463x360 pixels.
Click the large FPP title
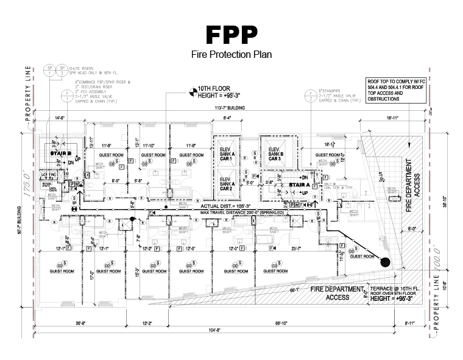pos(231,35)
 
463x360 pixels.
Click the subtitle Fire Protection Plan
pos(231,54)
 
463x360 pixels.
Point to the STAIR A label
pos(300,183)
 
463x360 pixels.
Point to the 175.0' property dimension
pos(26,184)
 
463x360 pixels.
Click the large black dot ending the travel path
pos(385,263)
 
